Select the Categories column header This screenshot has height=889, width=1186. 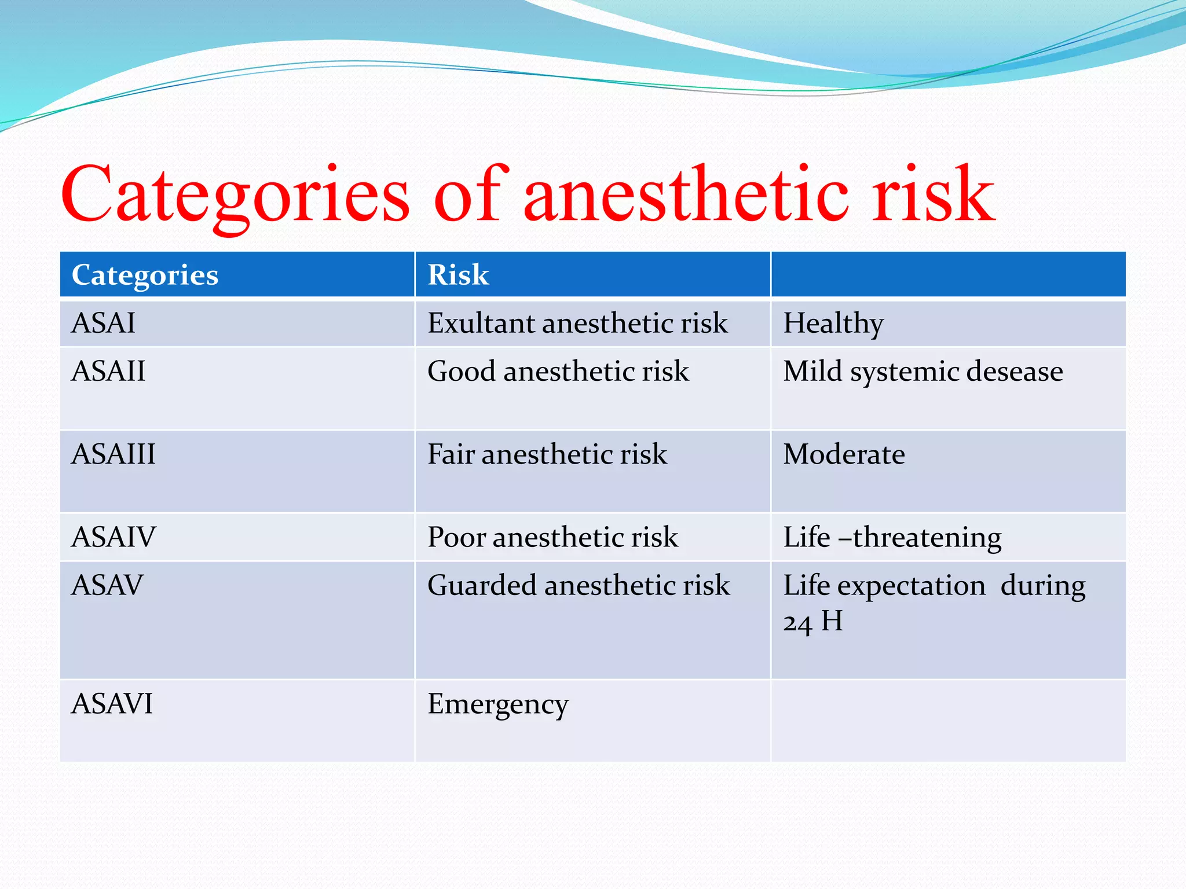point(145,275)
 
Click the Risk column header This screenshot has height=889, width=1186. point(458,275)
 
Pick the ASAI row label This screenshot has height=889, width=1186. point(103,323)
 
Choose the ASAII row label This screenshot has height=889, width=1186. point(108,371)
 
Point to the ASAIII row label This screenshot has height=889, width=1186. point(114,454)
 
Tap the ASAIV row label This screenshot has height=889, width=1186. point(114,537)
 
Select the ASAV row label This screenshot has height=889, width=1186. point(107,585)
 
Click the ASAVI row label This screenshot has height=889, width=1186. point(112,704)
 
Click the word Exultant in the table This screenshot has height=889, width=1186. point(481,323)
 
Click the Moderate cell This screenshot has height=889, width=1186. point(844,454)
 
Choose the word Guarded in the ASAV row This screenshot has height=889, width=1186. point(481,585)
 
